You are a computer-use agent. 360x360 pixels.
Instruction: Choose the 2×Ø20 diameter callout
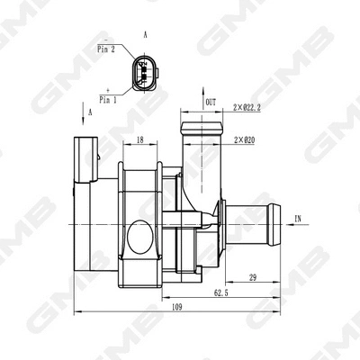pos(245,141)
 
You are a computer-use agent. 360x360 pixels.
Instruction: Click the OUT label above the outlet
pos(211,103)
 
